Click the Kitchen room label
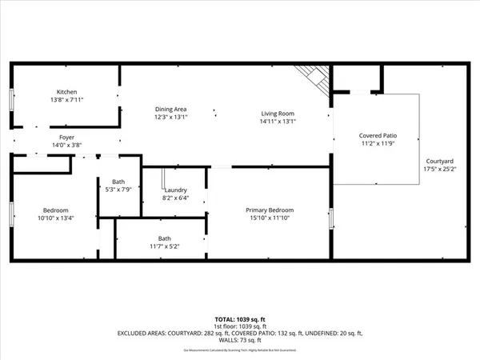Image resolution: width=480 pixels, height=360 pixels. [66, 91]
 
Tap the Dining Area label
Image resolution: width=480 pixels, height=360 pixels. [170, 108]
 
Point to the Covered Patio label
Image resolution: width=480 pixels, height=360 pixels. [375, 137]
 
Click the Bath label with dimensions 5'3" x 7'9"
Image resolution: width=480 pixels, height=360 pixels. [118, 182]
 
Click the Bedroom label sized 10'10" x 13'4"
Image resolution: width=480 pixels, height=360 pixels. [55, 210]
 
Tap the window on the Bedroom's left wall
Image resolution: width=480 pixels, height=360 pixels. [11, 214]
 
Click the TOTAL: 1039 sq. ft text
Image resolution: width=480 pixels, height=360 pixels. [239, 318]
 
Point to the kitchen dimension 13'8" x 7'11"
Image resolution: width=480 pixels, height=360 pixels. [66, 99]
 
